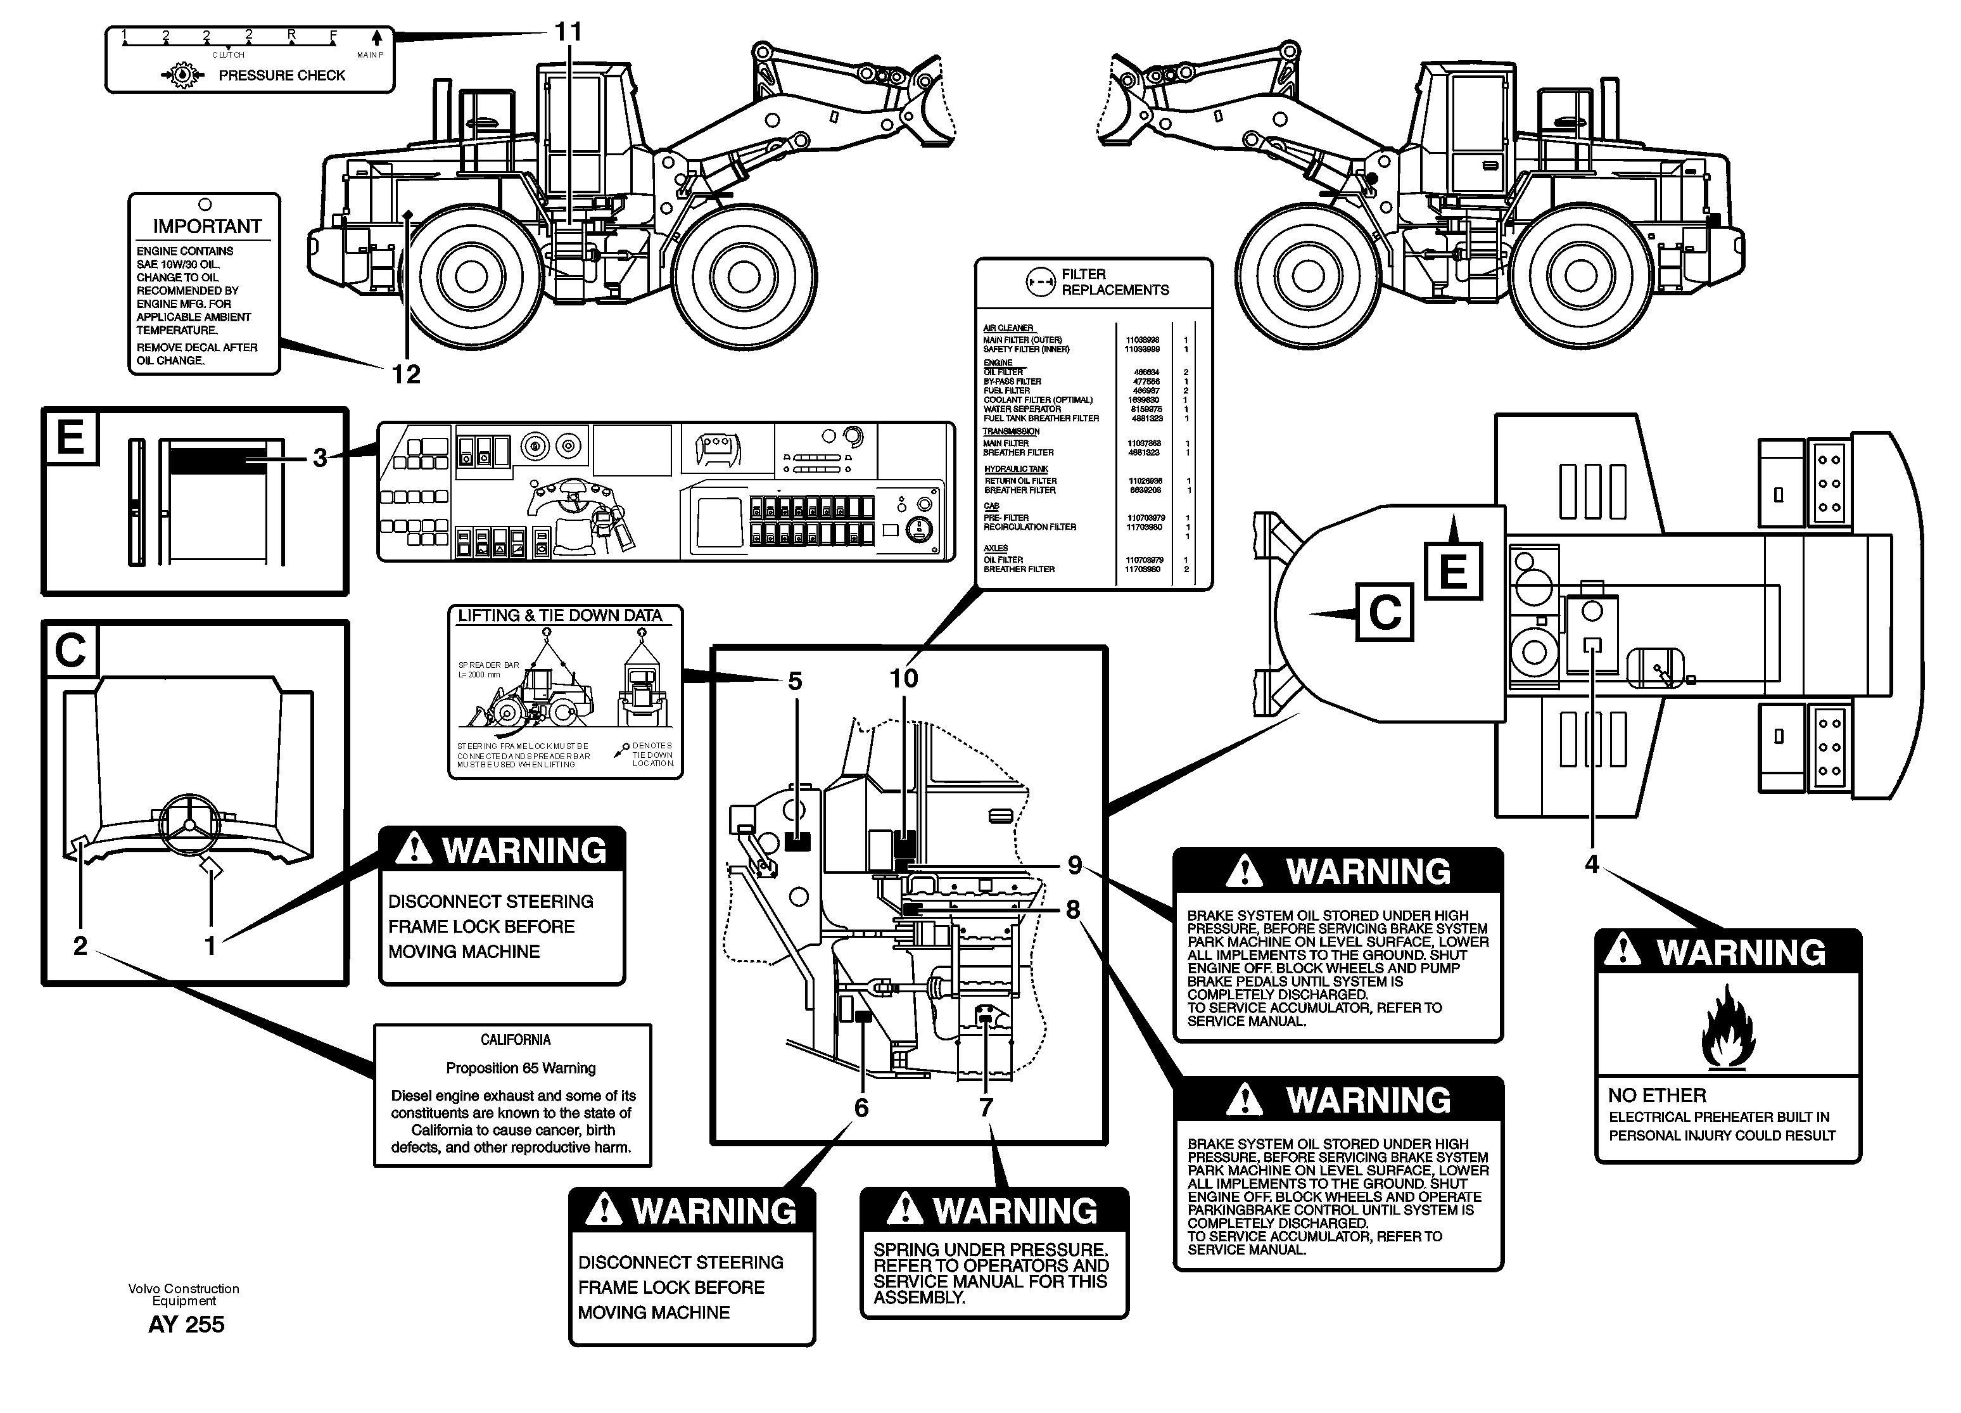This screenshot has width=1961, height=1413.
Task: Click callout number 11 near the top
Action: click(x=568, y=32)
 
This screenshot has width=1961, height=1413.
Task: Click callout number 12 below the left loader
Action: click(x=405, y=374)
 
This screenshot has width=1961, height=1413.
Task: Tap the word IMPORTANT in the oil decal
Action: click(x=206, y=227)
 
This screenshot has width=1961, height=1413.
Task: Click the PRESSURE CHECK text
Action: click(x=281, y=75)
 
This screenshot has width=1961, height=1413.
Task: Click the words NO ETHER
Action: click(x=1656, y=1096)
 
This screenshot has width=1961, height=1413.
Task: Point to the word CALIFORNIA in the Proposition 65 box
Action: click(x=516, y=1039)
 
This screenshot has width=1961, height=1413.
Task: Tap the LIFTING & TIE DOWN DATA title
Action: click(x=559, y=616)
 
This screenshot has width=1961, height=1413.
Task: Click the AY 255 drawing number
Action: click(x=186, y=1325)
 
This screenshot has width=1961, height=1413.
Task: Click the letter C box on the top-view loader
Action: click(x=1384, y=613)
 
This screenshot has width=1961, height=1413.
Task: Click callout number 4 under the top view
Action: click(x=1591, y=864)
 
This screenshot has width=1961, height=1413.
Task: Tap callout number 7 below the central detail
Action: click(x=986, y=1107)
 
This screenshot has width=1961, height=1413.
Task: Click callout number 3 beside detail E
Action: click(x=320, y=457)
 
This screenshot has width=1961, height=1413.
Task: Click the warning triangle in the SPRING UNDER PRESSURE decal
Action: click(x=904, y=1208)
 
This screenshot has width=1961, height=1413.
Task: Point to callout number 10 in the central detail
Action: click(x=904, y=678)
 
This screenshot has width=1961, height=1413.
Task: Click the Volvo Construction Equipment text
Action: click(x=183, y=1295)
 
